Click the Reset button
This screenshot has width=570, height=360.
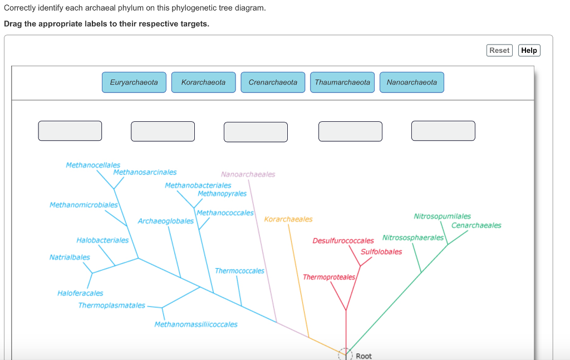click(x=499, y=50)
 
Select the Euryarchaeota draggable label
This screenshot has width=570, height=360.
click(x=134, y=82)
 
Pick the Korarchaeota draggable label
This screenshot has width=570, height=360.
click(x=203, y=82)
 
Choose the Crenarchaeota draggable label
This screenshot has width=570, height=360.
click(x=273, y=82)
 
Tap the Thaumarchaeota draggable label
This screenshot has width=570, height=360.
click(x=342, y=82)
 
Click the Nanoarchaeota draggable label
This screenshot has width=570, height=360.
click(x=412, y=82)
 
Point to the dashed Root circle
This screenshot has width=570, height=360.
click(x=345, y=353)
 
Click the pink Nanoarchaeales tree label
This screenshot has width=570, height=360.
click(x=248, y=174)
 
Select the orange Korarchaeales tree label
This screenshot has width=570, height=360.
click(x=288, y=219)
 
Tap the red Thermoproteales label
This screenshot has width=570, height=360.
click(x=329, y=277)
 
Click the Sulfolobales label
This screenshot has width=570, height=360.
click(x=381, y=252)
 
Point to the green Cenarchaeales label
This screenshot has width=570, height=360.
click(x=476, y=225)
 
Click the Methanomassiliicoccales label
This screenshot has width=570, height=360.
click(x=196, y=324)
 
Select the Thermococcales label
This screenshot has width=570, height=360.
click(x=239, y=271)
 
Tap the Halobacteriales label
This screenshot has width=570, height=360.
click(x=102, y=240)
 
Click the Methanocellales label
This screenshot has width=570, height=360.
click(x=93, y=165)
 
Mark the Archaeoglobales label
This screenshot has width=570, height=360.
click(x=166, y=221)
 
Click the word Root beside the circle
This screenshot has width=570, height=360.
click(x=363, y=356)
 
